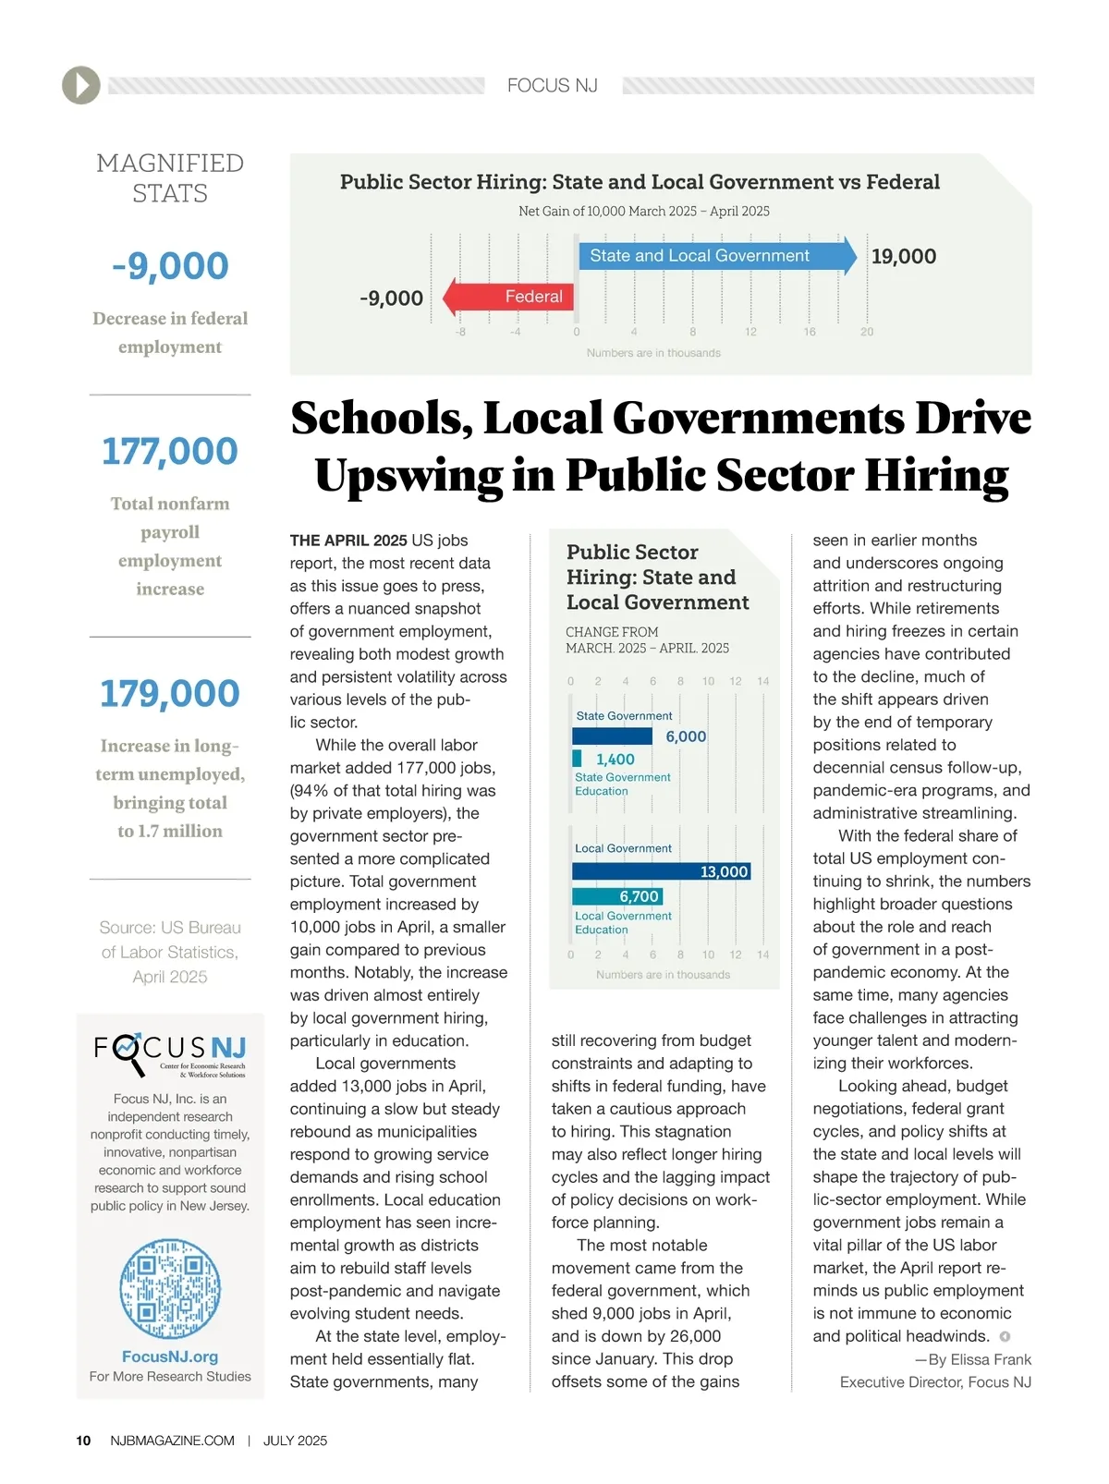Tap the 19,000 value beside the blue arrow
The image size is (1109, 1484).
point(903,257)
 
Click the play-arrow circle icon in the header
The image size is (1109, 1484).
point(81,85)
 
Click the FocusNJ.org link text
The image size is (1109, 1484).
point(170,1356)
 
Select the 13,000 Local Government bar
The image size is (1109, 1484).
point(661,871)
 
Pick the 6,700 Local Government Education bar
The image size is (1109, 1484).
point(616,896)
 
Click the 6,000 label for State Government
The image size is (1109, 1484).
point(686,736)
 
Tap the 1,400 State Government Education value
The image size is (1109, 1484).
point(615,760)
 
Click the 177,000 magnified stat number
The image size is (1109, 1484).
point(170,452)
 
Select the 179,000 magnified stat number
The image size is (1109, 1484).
point(170,694)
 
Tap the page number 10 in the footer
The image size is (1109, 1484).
point(83,1441)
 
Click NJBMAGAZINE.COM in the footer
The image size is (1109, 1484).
point(172,1441)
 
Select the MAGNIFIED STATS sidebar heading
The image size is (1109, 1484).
point(170,178)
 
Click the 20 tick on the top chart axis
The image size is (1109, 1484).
point(867,332)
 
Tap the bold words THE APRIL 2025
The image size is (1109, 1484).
point(348,541)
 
